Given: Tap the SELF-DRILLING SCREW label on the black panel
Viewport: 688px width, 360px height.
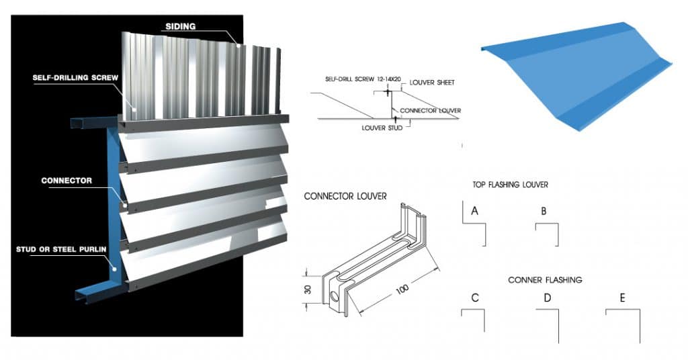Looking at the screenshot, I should tap(75, 78).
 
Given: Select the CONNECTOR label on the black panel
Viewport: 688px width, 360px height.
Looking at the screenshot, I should tap(67, 181).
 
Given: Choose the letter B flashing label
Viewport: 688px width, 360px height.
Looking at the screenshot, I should tap(544, 211).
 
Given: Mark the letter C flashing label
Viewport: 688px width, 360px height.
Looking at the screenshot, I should tap(474, 298).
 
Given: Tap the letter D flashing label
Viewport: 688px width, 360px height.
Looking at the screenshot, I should tap(547, 298).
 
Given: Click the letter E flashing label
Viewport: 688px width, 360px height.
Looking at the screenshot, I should tap(622, 298).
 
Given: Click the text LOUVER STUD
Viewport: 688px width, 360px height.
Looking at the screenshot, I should tap(381, 127).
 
